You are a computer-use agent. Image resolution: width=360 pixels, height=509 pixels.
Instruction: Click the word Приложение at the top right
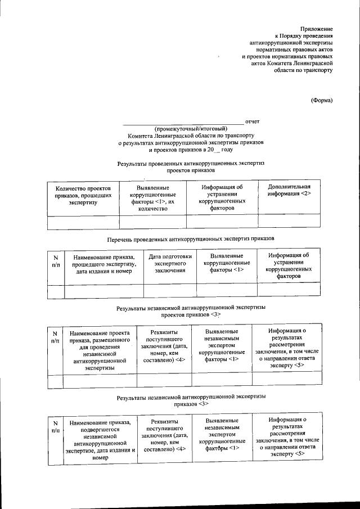[316, 28]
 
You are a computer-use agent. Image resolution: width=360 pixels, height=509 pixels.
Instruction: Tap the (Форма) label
[322, 101]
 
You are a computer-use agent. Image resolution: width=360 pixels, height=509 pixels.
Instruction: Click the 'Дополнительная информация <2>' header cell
[289, 190]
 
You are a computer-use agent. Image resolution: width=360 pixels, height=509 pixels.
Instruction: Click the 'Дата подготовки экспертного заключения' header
[170, 263]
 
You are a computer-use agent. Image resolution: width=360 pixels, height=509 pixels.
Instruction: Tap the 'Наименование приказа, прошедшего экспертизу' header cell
[104, 264]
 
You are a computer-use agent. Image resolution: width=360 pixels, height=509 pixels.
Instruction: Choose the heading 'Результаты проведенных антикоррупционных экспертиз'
[191, 163]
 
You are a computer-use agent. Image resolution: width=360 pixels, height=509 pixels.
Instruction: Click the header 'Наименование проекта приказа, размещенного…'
[100, 349]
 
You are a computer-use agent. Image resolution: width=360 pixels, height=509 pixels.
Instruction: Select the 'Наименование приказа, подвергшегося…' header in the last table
[101, 439]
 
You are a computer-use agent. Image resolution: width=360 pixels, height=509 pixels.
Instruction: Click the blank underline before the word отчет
[183, 121]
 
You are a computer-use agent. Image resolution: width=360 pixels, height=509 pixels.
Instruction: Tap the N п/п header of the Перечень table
[56, 260]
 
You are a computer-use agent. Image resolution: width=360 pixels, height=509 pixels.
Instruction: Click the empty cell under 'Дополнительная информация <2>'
[289, 223]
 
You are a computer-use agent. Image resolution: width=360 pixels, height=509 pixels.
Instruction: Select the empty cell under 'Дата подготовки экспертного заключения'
[170, 291]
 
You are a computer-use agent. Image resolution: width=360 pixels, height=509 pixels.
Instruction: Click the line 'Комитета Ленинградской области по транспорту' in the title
[191, 136]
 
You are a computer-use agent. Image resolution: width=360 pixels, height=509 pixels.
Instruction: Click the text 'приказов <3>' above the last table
[191, 404]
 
